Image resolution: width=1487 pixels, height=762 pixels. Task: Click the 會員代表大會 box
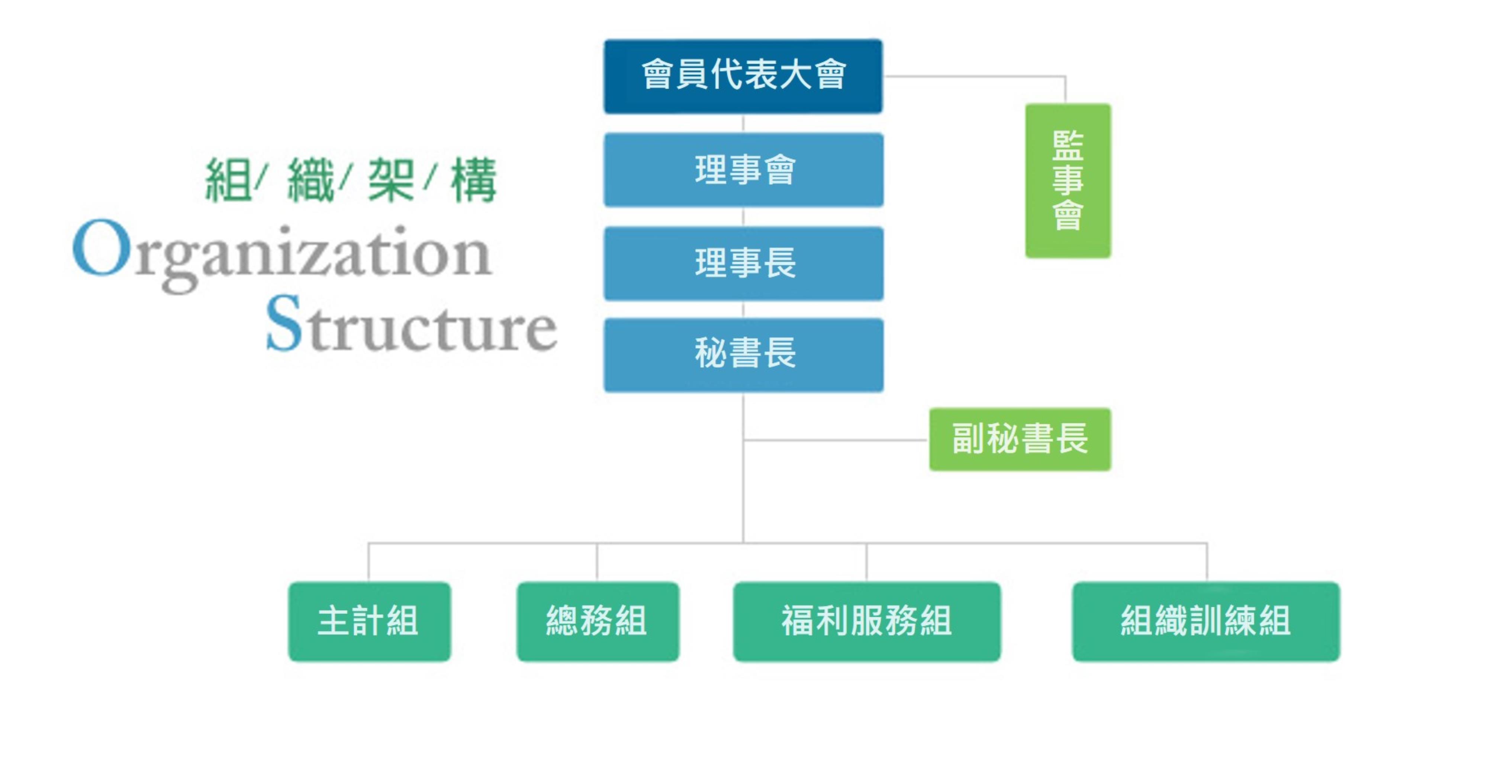[x=743, y=76]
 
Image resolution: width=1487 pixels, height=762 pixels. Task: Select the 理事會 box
[x=744, y=170]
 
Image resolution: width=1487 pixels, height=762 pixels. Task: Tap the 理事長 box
[x=744, y=263]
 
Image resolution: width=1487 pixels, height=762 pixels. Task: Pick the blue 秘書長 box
[x=744, y=355]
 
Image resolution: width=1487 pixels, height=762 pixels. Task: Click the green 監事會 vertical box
[x=1067, y=180]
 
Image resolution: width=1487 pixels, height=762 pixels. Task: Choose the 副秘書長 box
[x=1020, y=439]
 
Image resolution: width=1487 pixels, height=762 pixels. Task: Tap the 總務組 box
[x=598, y=621]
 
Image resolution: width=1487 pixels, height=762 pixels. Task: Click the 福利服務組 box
[x=866, y=621]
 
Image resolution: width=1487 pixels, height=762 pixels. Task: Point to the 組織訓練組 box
[x=1205, y=621]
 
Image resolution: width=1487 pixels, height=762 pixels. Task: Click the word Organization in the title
[x=283, y=254]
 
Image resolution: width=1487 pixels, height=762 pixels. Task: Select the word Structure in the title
[x=411, y=325]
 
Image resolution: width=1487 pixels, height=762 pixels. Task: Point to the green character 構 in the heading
[x=473, y=180]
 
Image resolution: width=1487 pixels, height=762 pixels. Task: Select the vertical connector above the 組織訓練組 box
[x=1207, y=561]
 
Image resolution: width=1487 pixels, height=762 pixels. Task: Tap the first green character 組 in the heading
[x=228, y=180]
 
